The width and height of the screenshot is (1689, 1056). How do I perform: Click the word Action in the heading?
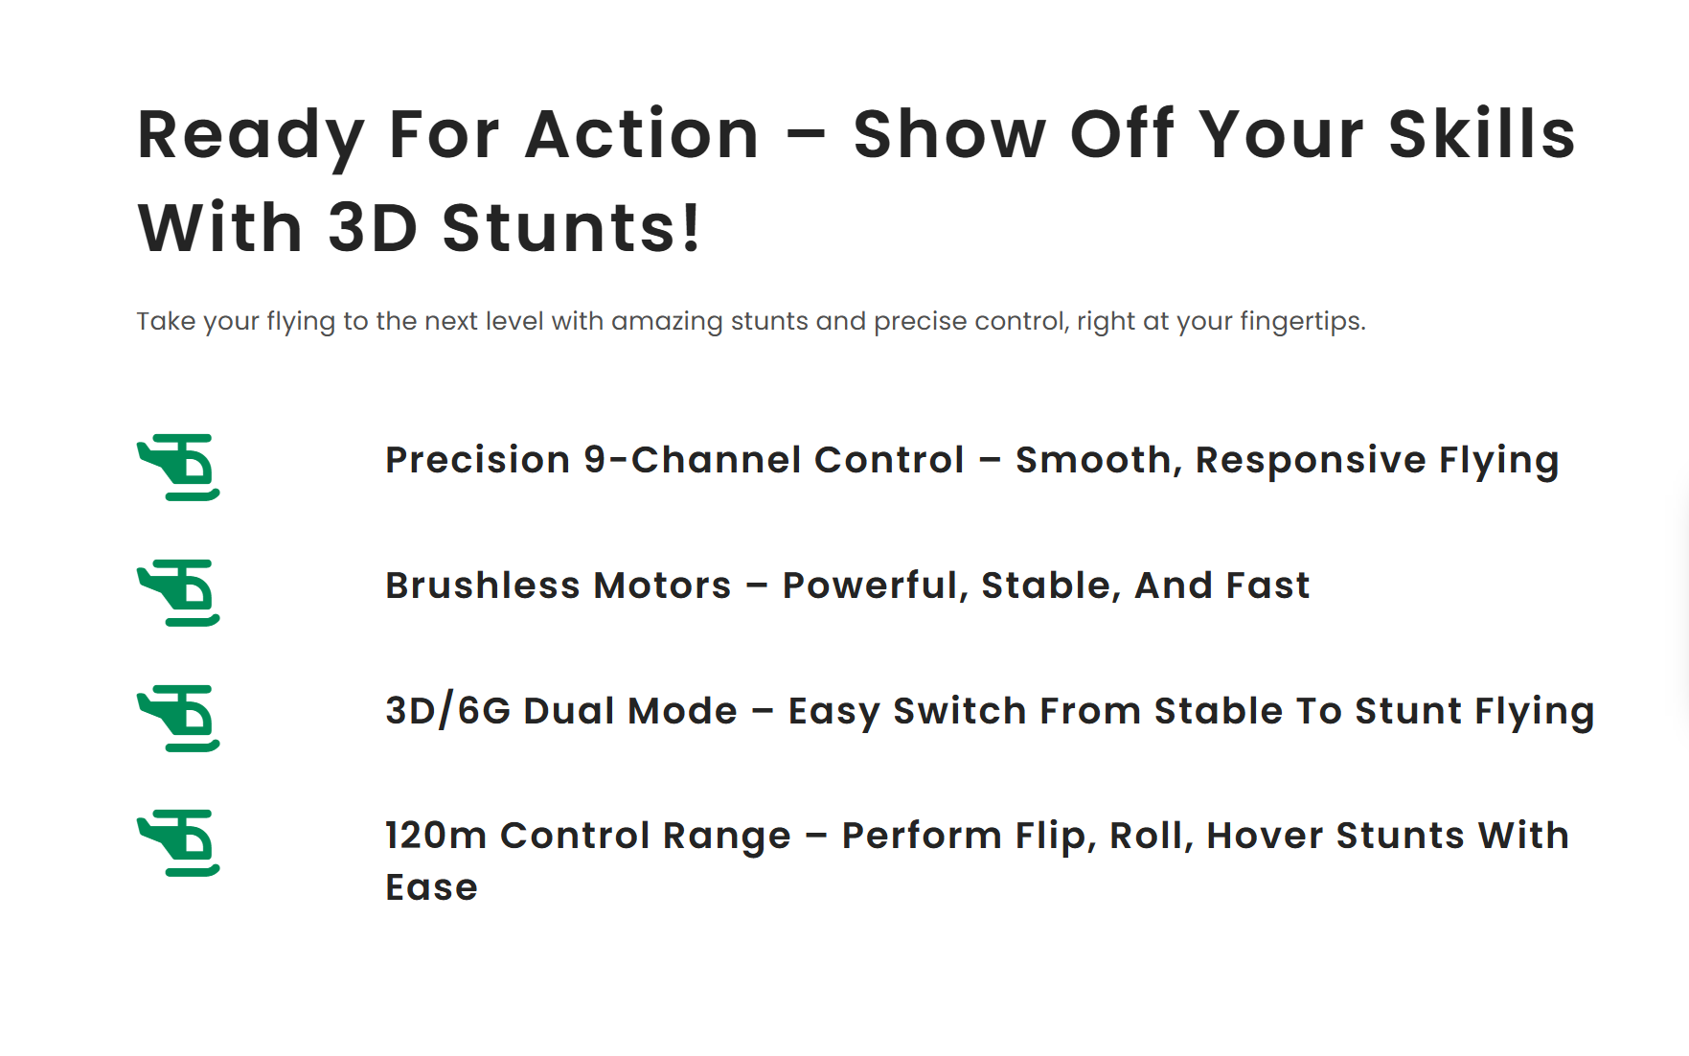[x=642, y=134]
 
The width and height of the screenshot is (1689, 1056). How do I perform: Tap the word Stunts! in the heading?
[x=572, y=228]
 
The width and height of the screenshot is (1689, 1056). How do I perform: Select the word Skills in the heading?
[x=1481, y=134]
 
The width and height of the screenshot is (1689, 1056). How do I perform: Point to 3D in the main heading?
[x=374, y=228]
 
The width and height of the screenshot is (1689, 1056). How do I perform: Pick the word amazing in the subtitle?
[x=667, y=321]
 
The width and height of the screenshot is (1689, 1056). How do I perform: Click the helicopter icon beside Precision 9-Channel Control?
[x=179, y=467]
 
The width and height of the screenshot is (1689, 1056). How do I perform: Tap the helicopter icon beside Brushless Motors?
[x=179, y=592]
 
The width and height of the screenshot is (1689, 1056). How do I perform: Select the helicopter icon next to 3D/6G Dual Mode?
[x=179, y=718]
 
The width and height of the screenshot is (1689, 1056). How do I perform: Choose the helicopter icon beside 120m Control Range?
[x=179, y=842]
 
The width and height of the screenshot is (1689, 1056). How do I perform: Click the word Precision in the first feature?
[x=478, y=460]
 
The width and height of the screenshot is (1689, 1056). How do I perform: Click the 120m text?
[x=436, y=836]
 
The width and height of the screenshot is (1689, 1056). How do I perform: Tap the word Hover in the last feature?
[x=1265, y=836]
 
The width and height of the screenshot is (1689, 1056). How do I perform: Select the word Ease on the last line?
[x=432, y=887]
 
